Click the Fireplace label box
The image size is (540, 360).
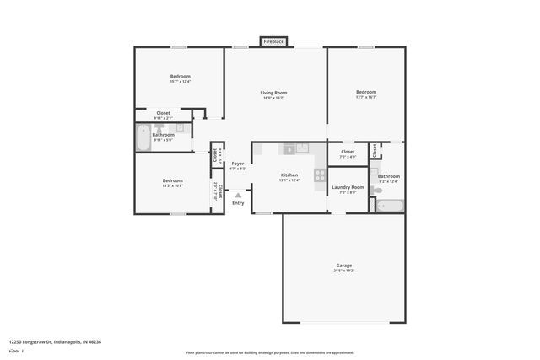(273, 41)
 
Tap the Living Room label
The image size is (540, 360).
(273, 93)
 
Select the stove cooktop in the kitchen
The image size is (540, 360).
(320, 175)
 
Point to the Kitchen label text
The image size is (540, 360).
(289, 175)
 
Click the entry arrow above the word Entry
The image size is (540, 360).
(238, 194)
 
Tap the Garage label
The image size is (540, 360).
(343, 266)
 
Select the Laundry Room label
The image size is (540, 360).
(348, 187)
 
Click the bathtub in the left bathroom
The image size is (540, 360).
(141, 138)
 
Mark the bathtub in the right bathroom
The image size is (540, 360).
(390, 205)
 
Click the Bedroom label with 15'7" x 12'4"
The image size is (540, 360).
(180, 77)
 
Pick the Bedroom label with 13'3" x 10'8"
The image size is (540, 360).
(173, 180)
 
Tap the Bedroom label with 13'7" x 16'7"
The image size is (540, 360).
(365, 92)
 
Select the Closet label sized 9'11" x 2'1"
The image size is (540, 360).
(163, 113)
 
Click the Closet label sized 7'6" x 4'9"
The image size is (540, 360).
(348, 152)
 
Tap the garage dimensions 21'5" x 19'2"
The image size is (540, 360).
(343, 271)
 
